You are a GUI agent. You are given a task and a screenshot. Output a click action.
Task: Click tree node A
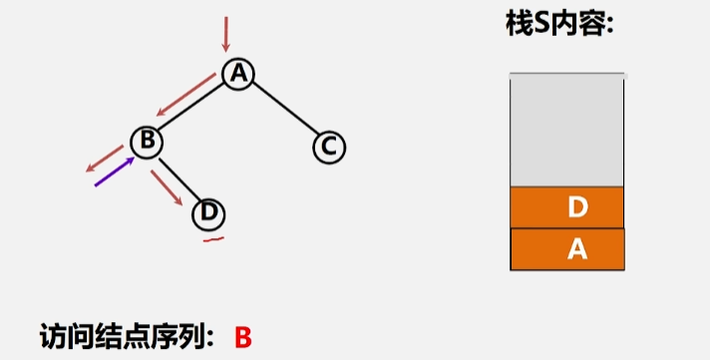pos(237,73)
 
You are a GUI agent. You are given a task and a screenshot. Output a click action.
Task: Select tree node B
pos(146,142)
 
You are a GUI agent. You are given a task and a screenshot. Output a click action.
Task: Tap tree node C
pos(328,148)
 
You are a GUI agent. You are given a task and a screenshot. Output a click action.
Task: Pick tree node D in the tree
pos(208,211)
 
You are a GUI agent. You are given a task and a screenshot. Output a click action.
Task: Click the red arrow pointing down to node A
pos(226,34)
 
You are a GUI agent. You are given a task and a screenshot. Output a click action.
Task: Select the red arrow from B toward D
pos(168,186)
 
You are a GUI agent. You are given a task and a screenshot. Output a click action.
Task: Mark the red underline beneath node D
pos(212,237)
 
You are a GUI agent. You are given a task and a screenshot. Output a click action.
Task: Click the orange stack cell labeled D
pos(566,207)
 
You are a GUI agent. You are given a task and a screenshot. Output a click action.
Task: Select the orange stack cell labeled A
pos(566,249)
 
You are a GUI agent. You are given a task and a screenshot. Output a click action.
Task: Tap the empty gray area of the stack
pos(566,130)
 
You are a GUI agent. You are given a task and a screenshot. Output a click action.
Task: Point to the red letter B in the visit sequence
pos(243,337)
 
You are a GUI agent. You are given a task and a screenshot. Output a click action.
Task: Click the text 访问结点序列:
pos(128,336)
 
